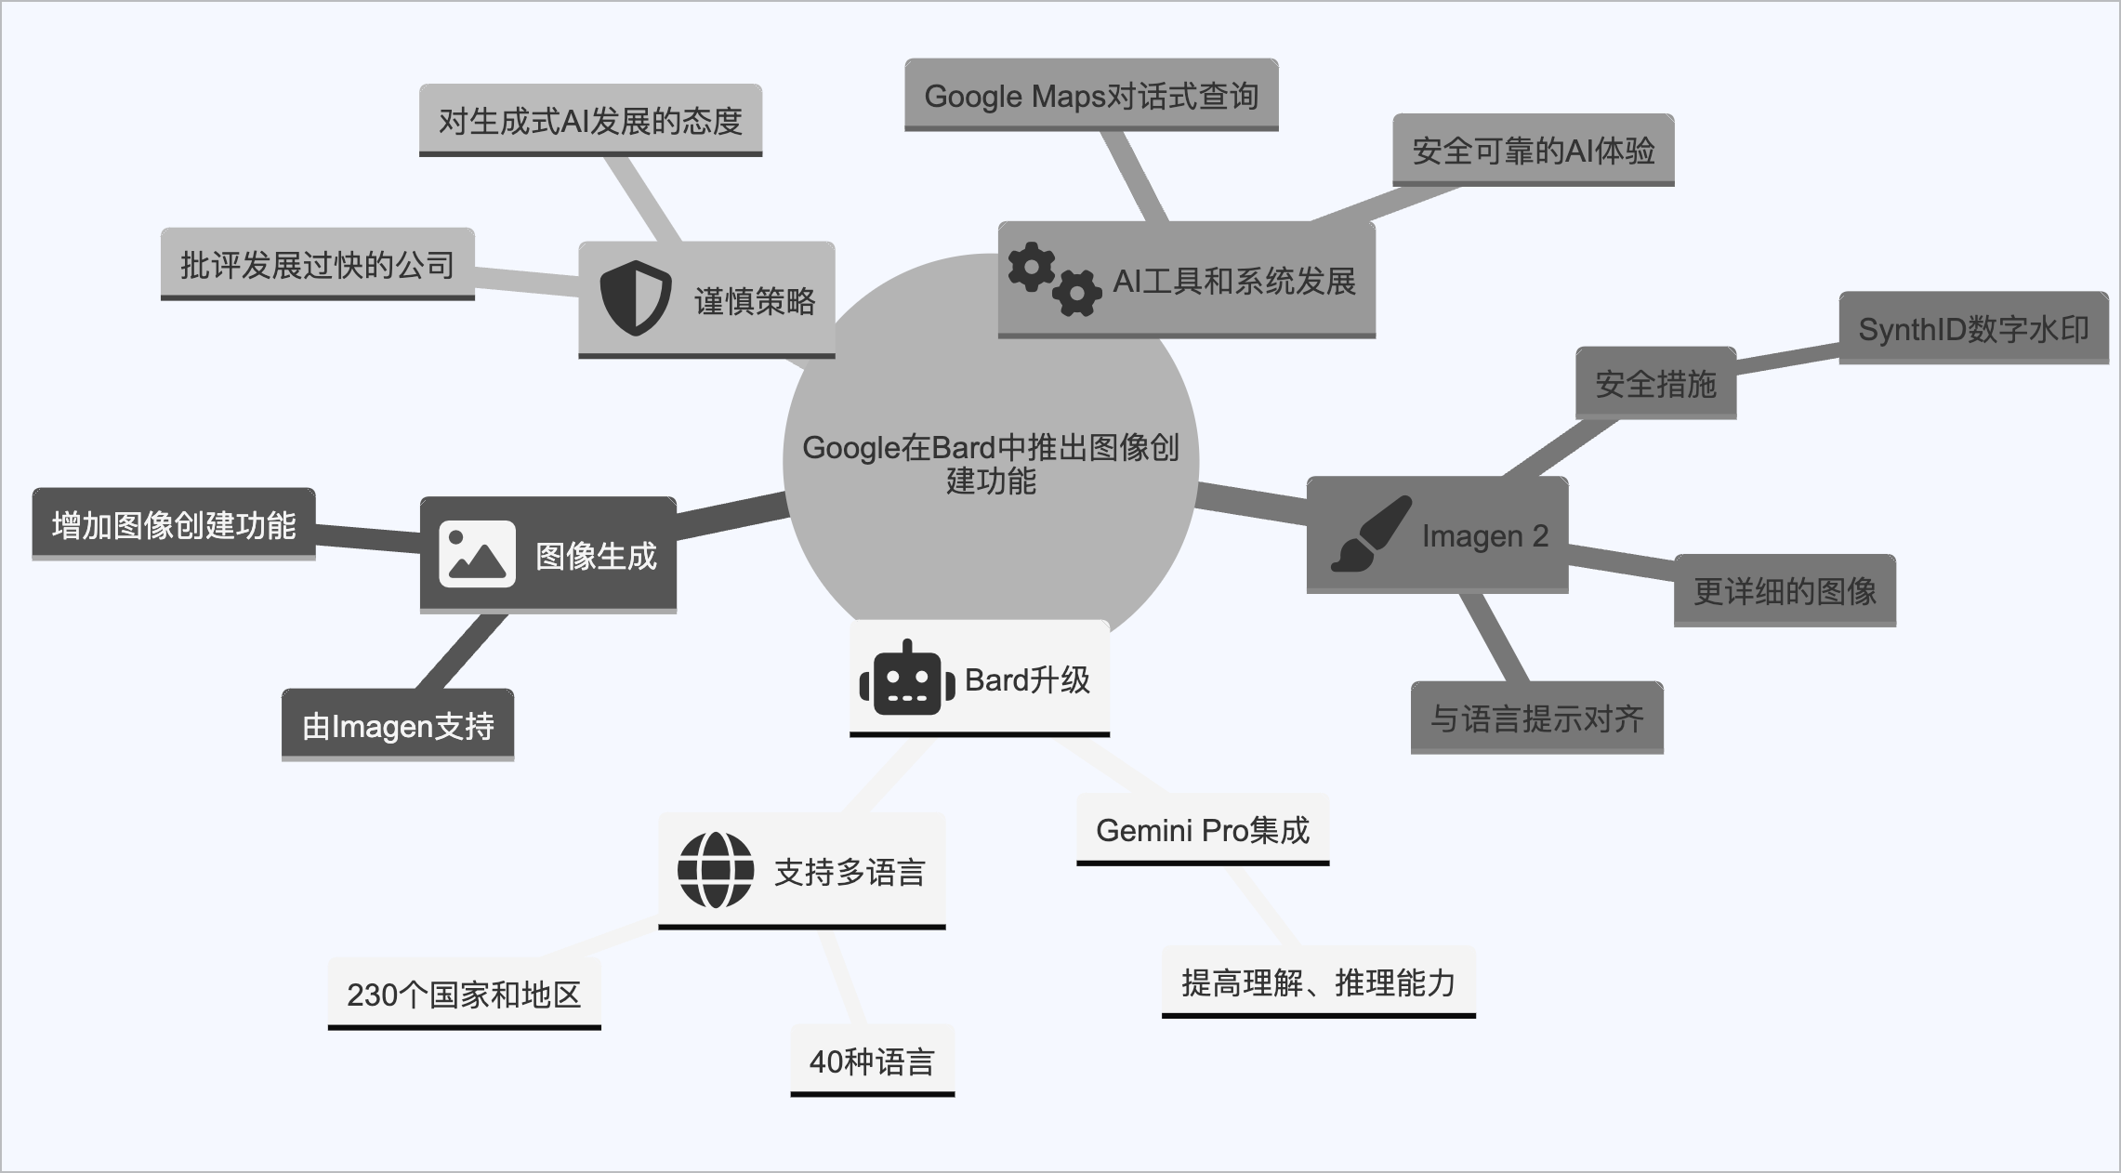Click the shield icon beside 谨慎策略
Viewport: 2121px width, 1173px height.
pyautogui.click(x=635, y=298)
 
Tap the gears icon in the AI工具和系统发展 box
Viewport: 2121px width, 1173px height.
pyautogui.click(x=1054, y=279)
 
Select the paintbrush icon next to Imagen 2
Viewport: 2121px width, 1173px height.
pyautogui.click(x=1371, y=534)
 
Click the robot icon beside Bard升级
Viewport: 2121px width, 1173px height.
pyautogui.click(x=907, y=679)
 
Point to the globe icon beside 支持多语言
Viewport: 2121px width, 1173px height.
pyautogui.click(x=716, y=870)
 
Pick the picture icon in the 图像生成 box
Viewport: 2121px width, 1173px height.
pyautogui.click(x=477, y=555)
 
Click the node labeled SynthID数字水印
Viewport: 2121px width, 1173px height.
pyautogui.click(x=1972, y=329)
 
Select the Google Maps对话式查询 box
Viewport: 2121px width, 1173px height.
pyautogui.click(x=1091, y=96)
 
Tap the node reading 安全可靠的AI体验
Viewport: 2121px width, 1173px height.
pyautogui.click(x=1533, y=151)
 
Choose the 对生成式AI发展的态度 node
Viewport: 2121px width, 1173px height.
pyautogui.click(x=590, y=121)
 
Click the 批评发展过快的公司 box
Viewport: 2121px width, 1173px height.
pyautogui.click(x=317, y=265)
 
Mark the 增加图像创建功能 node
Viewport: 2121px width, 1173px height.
pyautogui.click(x=174, y=525)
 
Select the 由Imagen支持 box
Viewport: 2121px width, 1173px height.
pyautogui.click(x=398, y=726)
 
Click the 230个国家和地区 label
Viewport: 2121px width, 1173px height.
pyautogui.click(x=464, y=995)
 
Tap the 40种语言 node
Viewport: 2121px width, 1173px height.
pyautogui.click(x=872, y=1061)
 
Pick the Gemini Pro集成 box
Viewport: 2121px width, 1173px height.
pyautogui.click(x=1203, y=830)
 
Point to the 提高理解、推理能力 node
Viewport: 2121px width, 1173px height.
pyautogui.click(x=1318, y=982)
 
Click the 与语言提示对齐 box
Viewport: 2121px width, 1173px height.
pyautogui.click(x=1536, y=718)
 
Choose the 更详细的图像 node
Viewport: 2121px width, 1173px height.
pyautogui.click(x=1785, y=591)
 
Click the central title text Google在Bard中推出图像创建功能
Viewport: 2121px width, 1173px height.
pyautogui.click(x=991, y=464)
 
